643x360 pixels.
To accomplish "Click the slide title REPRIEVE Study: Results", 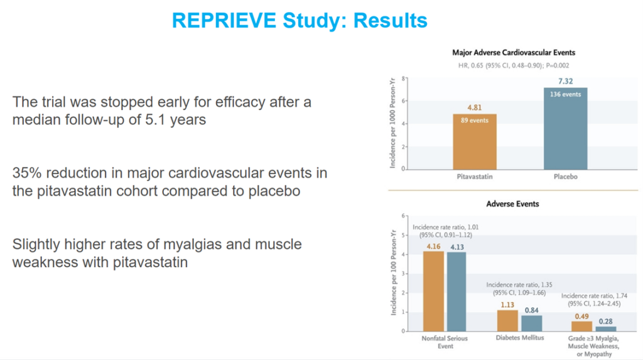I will click(x=300, y=21).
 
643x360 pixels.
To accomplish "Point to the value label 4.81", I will click(x=475, y=107).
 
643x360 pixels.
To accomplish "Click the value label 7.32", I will click(x=566, y=80).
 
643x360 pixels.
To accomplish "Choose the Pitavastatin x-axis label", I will click(x=475, y=177).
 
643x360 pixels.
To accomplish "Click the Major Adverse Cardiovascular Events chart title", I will click(x=514, y=53).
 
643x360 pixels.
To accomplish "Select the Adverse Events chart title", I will click(x=512, y=204).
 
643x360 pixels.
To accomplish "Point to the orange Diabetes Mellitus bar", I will click(x=507, y=320).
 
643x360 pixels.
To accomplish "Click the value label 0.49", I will click(x=581, y=316).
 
